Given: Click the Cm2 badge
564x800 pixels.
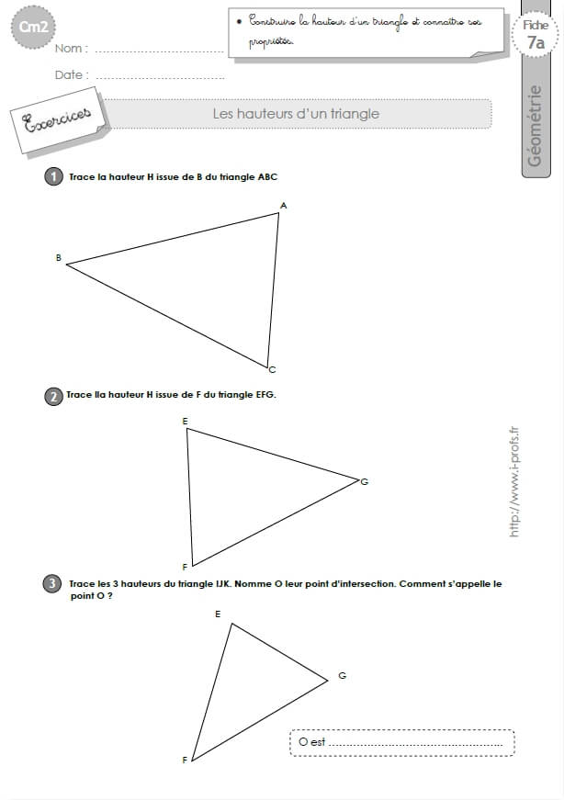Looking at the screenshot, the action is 33,27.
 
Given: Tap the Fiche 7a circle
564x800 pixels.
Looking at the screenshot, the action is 536,34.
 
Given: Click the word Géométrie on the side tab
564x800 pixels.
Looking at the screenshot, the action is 535,126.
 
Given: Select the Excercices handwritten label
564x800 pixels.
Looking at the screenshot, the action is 58,120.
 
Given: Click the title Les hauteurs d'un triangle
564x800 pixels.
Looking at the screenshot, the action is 296,113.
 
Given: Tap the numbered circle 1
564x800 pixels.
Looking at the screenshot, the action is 53,177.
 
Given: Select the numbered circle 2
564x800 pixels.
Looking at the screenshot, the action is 53,396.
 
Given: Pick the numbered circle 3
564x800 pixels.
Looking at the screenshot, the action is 52,583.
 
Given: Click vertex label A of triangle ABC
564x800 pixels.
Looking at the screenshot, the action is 284,206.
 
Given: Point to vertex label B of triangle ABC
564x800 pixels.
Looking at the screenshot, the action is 58,258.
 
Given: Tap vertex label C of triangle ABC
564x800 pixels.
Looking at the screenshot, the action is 272,370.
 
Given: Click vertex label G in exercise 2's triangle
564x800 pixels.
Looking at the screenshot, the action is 365,481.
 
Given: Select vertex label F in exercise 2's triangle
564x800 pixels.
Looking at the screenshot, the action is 185,567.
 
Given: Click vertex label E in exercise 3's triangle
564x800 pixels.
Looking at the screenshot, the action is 218,614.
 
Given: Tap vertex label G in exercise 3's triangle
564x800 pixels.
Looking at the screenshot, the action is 342,675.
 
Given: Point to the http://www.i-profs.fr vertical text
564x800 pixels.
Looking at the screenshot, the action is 514,481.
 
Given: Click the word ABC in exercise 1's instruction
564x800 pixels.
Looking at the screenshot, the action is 267,177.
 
